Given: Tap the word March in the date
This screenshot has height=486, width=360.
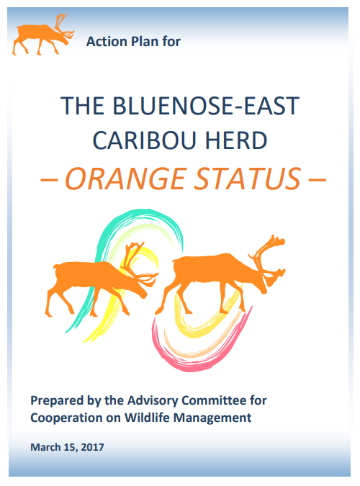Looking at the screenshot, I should (45, 447).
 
